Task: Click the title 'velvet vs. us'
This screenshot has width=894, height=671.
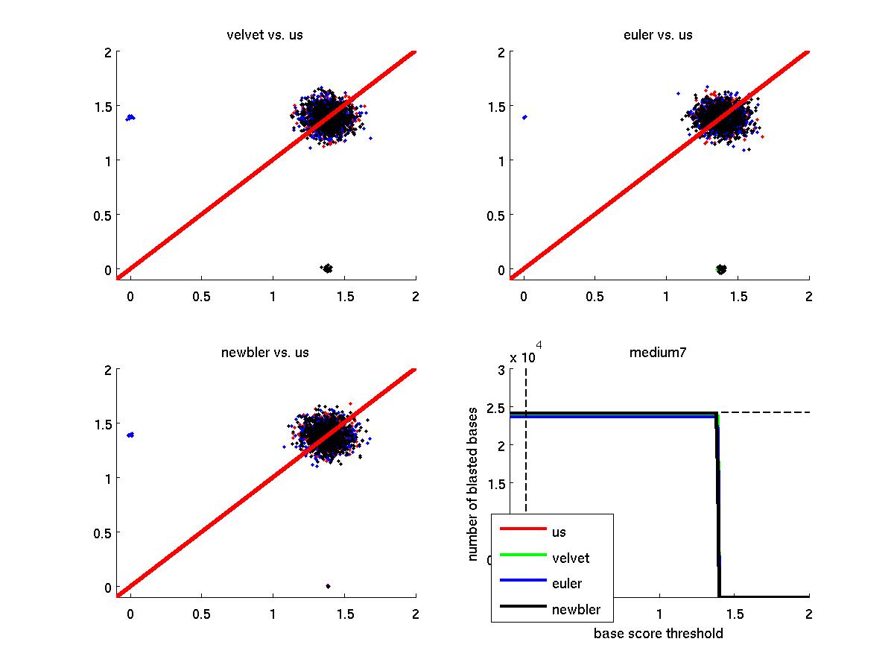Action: coord(265,35)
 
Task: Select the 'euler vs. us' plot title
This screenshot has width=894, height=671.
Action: coord(659,35)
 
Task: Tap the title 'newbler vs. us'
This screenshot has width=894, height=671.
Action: coord(265,353)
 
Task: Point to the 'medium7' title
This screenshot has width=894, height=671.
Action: coord(659,353)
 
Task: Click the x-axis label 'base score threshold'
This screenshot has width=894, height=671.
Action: coord(659,634)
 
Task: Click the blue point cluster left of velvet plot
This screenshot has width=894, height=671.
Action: coord(130,117)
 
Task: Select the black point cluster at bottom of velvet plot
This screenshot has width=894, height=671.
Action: coord(326,268)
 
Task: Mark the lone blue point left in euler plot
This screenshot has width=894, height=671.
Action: coord(524,117)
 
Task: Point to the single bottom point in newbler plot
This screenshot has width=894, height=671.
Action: coord(328,585)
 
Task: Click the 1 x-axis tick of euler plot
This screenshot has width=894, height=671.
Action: coord(666,296)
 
